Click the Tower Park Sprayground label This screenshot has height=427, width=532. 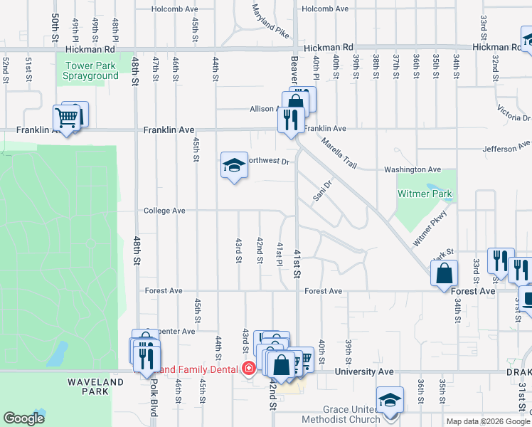point(92,71)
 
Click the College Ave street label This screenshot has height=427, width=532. point(164,211)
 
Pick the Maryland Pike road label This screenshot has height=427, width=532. point(270,21)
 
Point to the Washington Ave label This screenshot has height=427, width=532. point(413,170)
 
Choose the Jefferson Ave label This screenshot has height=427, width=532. point(506,149)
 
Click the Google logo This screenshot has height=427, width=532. point(23,418)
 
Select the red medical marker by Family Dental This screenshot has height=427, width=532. point(248,369)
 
